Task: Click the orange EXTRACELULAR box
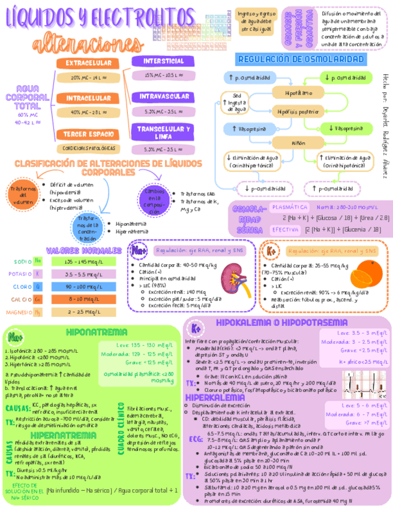pyautogui.click(x=88, y=63)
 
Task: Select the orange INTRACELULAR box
pyautogui.click(x=88, y=98)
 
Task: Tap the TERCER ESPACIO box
pyautogui.click(x=88, y=134)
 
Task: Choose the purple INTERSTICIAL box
pyautogui.click(x=163, y=61)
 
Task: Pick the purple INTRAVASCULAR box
pyautogui.click(x=164, y=96)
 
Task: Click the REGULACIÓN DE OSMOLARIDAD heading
pyautogui.click(x=301, y=59)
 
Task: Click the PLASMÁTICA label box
pyautogui.click(x=289, y=207)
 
